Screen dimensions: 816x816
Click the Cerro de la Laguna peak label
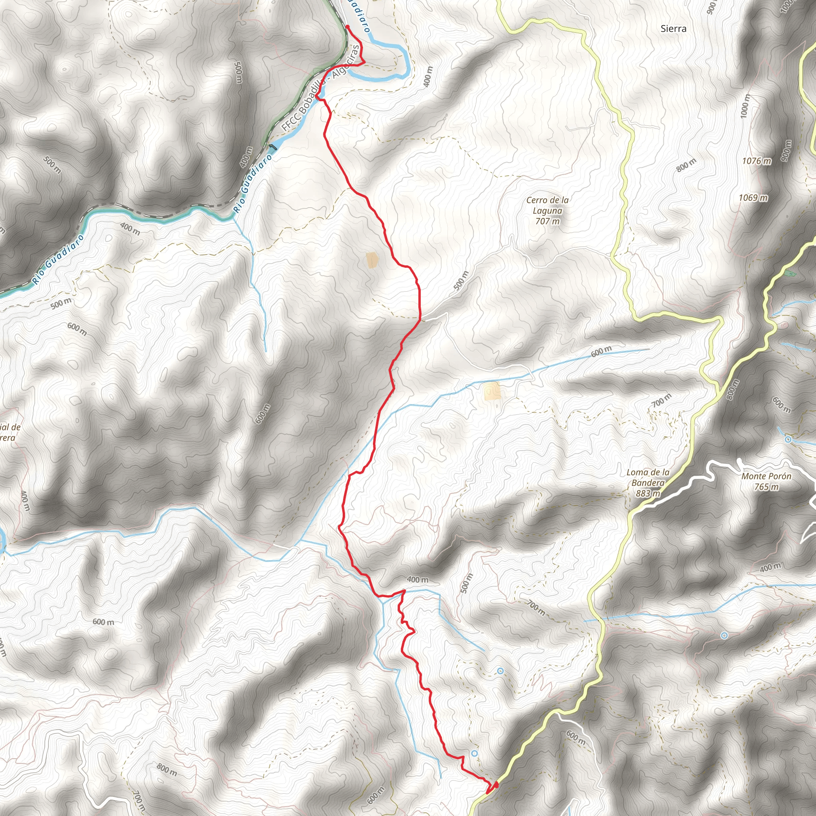click(x=547, y=205)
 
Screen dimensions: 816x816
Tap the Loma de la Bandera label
click(x=647, y=477)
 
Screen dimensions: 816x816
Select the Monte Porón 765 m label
click(x=766, y=481)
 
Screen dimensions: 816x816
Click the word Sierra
click(x=674, y=29)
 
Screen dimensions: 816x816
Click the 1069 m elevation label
click(x=753, y=198)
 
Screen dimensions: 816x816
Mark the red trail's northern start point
click(x=347, y=27)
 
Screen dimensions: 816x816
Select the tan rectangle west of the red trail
click(x=371, y=260)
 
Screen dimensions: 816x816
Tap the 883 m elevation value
click(x=648, y=493)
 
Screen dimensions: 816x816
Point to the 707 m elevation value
click(x=547, y=221)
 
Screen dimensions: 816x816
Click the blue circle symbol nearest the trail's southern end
click(x=474, y=753)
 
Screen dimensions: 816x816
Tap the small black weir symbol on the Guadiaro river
click(x=273, y=147)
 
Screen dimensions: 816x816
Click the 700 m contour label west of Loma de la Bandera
click(x=661, y=400)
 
